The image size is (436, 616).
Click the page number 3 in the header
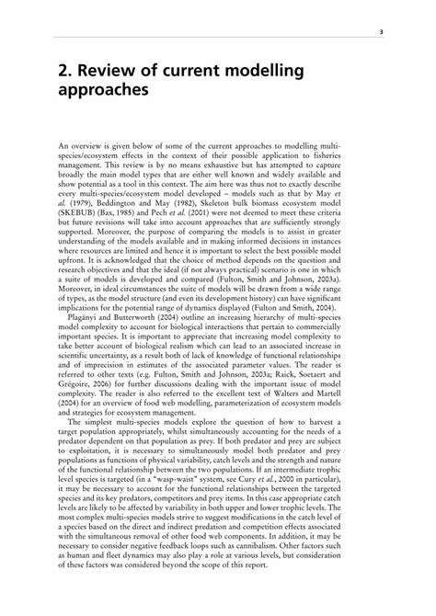(380, 29)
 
